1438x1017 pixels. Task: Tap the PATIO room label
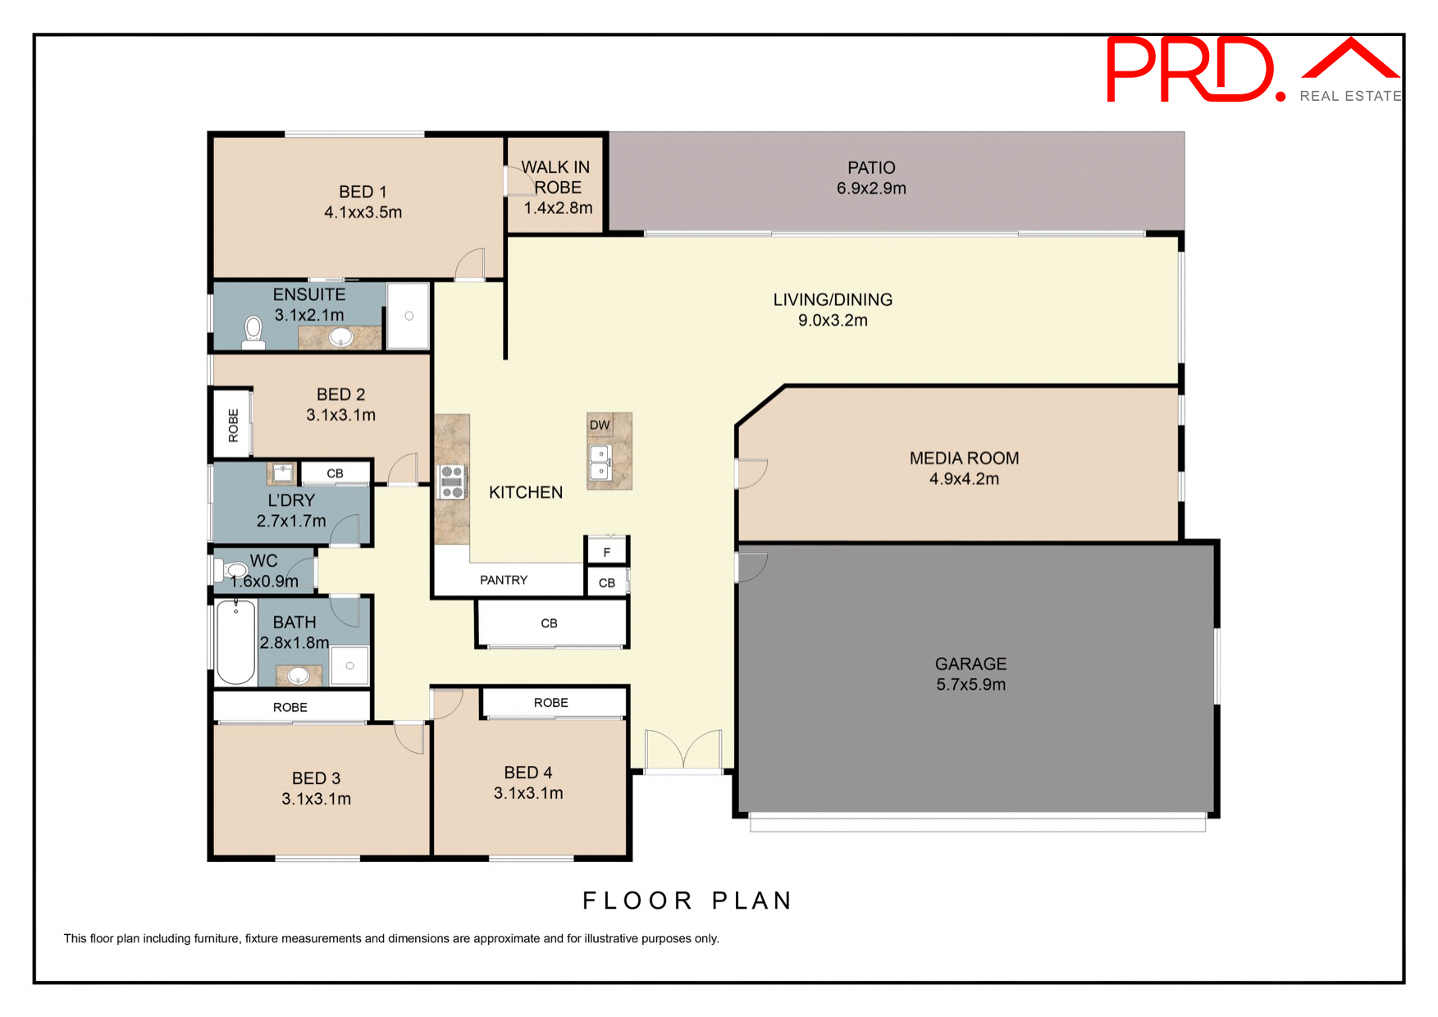click(x=871, y=168)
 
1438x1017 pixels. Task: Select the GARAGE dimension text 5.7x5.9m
click(x=970, y=685)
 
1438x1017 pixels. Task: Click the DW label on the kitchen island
click(x=600, y=425)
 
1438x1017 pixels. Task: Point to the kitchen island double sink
click(x=600, y=463)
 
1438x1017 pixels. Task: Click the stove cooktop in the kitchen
click(x=452, y=481)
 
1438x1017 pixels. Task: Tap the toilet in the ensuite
click(x=253, y=332)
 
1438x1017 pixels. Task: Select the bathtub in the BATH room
click(x=236, y=642)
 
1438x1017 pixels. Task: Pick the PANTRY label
click(x=504, y=580)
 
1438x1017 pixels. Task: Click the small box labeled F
click(x=607, y=552)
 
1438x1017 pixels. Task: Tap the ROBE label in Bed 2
click(x=233, y=425)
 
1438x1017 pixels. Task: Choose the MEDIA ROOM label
click(x=964, y=458)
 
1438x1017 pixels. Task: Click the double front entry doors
click(x=683, y=750)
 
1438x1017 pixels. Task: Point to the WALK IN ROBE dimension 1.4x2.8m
click(x=558, y=208)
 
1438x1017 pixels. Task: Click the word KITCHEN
click(x=526, y=492)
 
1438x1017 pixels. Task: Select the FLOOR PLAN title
click(x=687, y=901)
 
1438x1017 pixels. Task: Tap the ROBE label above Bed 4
click(x=550, y=703)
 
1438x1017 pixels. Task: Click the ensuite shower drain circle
click(x=409, y=316)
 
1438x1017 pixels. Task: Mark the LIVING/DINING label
click(x=833, y=300)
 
